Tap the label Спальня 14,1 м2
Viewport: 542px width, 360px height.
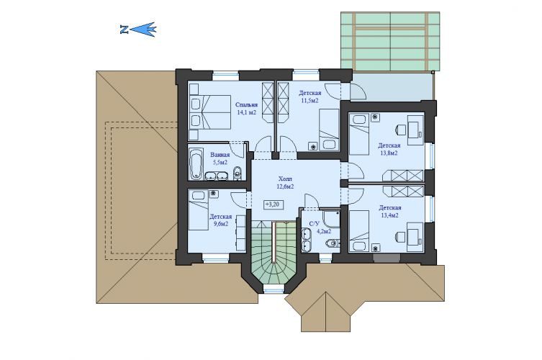(x=246, y=108)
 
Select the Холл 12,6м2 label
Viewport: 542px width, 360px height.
(x=285, y=183)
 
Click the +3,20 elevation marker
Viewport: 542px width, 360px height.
(x=273, y=204)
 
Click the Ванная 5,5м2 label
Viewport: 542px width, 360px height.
(x=220, y=158)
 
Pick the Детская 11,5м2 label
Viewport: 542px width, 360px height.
(x=310, y=96)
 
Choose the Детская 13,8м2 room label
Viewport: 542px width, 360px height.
(x=389, y=149)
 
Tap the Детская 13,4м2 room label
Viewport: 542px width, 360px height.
(x=390, y=211)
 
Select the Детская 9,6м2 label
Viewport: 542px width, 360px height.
(x=220, y=220)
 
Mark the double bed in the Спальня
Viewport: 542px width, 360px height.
(x=210, y=112)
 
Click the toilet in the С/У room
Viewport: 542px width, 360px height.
(x=332, y=244)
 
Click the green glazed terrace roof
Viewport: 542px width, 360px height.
(x=390, y=41)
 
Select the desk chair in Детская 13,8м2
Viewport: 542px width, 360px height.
(x=400, y=129)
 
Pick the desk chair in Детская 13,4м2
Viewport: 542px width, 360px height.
(x=400, y=237)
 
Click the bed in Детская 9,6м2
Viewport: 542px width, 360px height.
(x=199, y=210)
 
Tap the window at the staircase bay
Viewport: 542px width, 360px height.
(x=273, y=289)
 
